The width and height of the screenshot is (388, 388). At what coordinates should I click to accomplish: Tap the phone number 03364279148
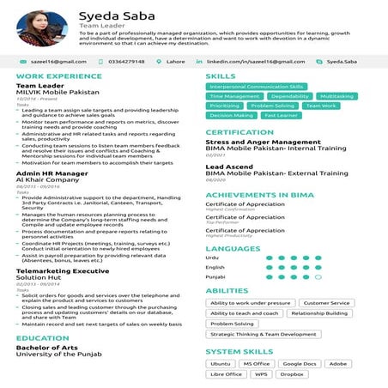pos(128,62)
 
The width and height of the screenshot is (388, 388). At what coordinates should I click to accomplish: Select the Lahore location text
pos(175,62)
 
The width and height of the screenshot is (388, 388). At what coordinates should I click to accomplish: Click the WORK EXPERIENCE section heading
pos(54,77)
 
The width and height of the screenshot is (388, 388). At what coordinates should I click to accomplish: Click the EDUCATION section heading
pos(42,338)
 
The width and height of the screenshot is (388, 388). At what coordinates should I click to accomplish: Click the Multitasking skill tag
pos(336,96)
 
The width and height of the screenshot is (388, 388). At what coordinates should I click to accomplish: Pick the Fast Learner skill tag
pos(281,115)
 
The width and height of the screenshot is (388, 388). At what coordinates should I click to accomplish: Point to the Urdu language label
pos(213,257)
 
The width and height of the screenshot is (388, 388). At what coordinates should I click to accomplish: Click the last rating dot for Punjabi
pos(318,276)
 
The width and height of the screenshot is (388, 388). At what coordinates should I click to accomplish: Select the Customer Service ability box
pos(326,303)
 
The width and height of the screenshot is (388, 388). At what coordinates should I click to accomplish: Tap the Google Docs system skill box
pos(299,364)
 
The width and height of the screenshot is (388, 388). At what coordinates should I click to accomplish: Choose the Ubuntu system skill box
pos(221,364)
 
